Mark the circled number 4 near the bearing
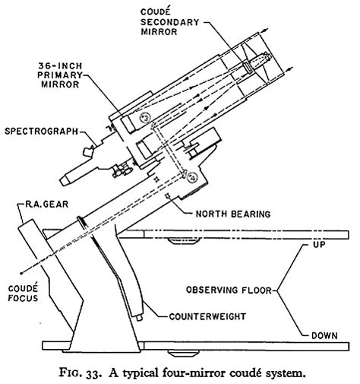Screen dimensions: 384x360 point(192,177)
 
